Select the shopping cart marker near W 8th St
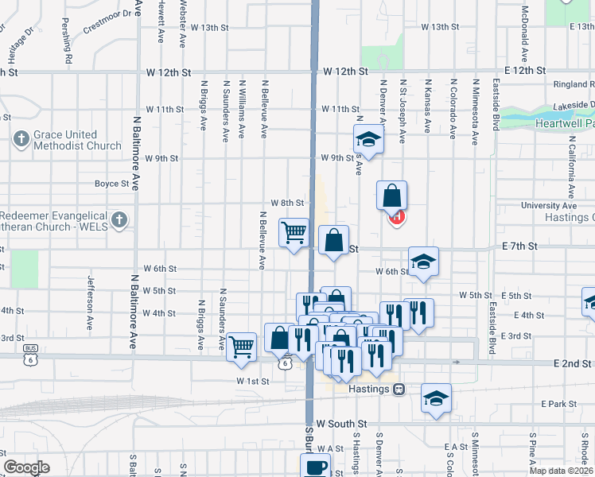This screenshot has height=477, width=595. pos(294,233)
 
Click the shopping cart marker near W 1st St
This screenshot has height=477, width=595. pos(241,347)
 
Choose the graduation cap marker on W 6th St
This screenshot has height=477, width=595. pos(423,261)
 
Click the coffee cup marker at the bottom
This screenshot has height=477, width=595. pos(315,467)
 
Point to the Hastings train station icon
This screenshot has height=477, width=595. pos(399,389)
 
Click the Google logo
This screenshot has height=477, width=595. pos(26,467)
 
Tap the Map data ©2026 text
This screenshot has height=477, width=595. pos(561,471)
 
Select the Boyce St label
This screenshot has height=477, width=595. pos(111,184)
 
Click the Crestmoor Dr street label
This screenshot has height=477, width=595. pos(107,19)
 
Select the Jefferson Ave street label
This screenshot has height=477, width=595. pos(91,295)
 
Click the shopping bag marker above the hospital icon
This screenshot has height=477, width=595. pos(391,195)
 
